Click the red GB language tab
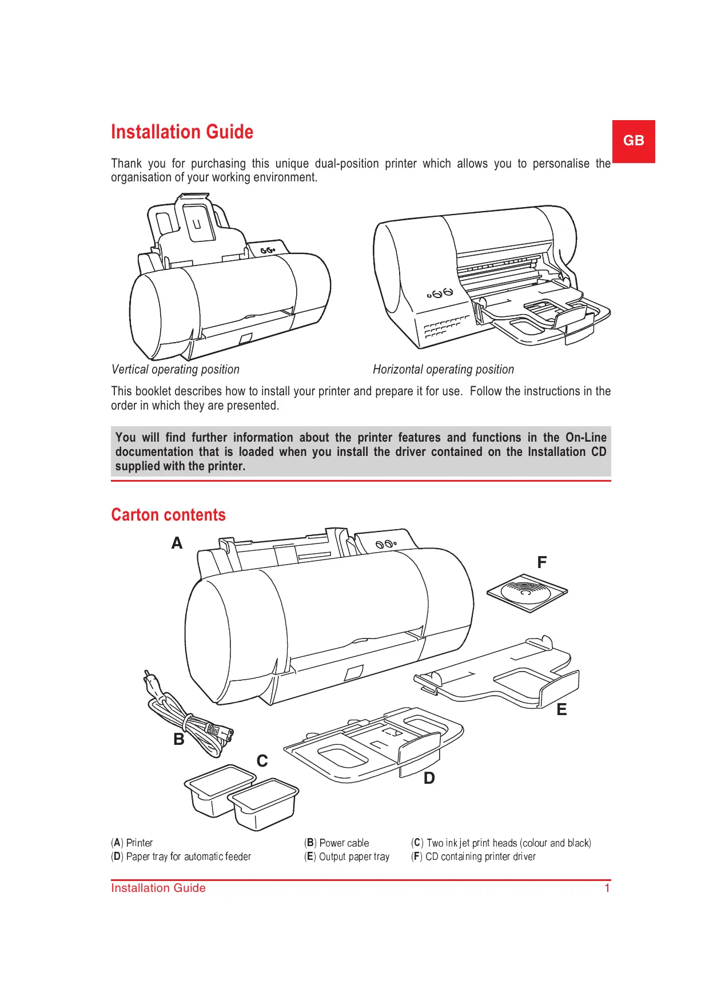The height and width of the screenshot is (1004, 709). coord(633,141)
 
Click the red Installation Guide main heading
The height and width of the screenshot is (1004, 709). coord(182,132)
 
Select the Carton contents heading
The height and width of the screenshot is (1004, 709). coord(168,515)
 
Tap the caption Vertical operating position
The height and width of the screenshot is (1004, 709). coord(176,370)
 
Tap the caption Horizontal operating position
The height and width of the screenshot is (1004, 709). coord(443,370)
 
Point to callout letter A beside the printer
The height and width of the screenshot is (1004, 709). coord(177,543)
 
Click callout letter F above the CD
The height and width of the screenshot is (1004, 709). coord(541,562)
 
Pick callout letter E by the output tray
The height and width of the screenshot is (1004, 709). coord(561,710)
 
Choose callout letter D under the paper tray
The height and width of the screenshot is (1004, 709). coord(429,778)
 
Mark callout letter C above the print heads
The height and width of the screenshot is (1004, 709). coord(262,761)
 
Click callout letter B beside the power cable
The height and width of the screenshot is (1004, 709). coord(179,739)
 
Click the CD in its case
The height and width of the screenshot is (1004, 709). coord(527,593)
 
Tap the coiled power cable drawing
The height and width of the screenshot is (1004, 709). coord(189,719)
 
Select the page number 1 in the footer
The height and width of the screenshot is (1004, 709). coord(607,888)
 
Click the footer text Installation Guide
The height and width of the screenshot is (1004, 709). coord(158,888)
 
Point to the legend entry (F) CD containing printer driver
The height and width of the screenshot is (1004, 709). coord(473,856)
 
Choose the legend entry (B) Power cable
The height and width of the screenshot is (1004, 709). coord(337,843)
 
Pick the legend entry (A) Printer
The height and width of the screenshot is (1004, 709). coord(132,843)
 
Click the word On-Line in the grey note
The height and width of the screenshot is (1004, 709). coord(585,438)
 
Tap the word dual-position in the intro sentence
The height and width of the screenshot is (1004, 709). coord(346,164)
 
